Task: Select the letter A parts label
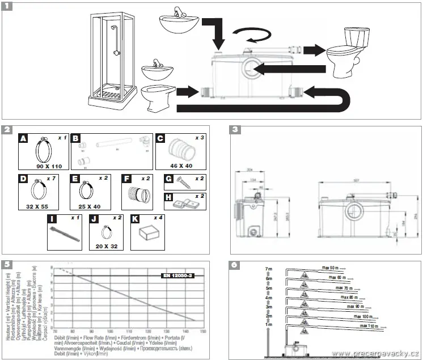(x=23, y=138)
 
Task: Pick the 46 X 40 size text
(x=181, y=167)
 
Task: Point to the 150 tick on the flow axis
(x=204, y=330)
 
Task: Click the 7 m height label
(x=270, y=268)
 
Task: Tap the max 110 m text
(x=368, y=327)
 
